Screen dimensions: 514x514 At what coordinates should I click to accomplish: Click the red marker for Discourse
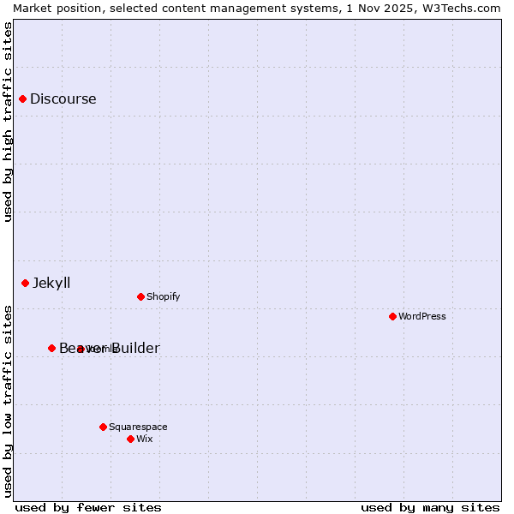click(23, 99)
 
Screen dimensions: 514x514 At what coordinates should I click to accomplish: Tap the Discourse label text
click(63, 99)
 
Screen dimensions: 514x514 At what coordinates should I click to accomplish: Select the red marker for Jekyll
click(26, 283)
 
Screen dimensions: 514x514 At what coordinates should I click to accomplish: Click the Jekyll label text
click(51, 283)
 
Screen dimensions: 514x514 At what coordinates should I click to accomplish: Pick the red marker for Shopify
click(140, 296)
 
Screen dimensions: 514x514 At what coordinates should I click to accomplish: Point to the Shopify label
click(163, 296)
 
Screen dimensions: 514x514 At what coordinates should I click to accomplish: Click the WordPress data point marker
click(392, 316)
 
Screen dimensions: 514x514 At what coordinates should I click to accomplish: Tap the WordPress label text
click(421, 316)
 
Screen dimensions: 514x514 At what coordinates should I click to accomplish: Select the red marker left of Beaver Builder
click(51, 348)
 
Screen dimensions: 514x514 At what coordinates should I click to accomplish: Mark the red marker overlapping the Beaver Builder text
click(80, 349)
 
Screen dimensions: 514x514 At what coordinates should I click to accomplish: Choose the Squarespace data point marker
click(103, 427)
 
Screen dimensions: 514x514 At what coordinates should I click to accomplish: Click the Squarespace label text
click(138, 427)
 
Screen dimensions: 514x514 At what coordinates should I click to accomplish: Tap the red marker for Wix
click(130, 439)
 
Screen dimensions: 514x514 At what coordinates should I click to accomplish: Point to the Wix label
click(144, 439)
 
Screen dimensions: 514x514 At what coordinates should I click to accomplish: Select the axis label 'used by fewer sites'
click(88, 507)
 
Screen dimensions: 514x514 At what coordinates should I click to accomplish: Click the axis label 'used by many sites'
click(430, 507)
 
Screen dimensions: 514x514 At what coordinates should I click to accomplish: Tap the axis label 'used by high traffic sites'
click(8, 122)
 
